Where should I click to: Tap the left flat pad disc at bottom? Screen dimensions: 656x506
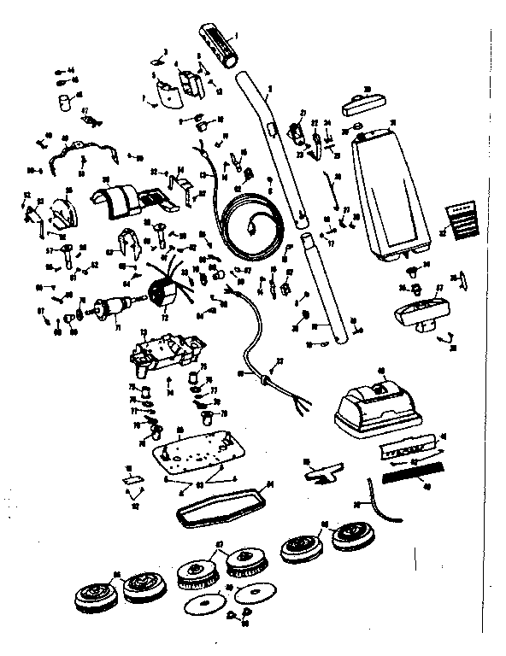point(206,607)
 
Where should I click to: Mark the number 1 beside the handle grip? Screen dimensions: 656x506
point(237,34)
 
